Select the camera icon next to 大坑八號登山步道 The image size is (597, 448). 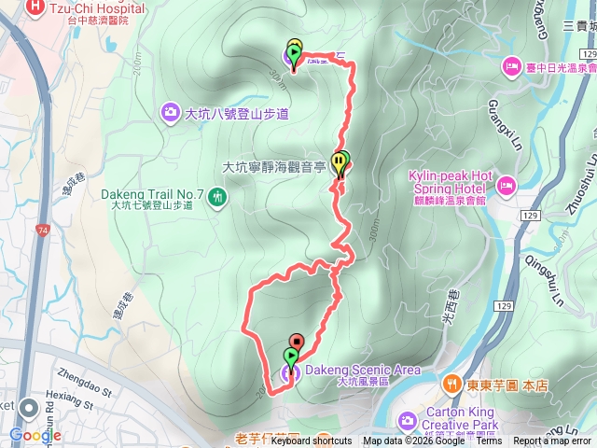(171, 113)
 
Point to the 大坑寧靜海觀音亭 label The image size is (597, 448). (272, 167)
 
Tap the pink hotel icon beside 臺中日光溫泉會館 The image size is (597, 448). (511, 66)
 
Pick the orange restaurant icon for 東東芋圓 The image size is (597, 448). (451, 382)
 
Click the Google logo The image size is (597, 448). (35, 435)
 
